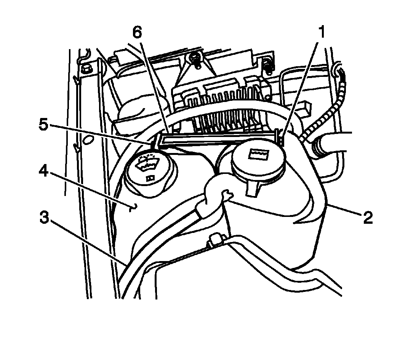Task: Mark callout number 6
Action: coord(137,33)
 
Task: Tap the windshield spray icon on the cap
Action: coord(148,162)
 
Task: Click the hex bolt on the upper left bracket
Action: coord(85,68)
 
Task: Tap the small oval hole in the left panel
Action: coord(88,140)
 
